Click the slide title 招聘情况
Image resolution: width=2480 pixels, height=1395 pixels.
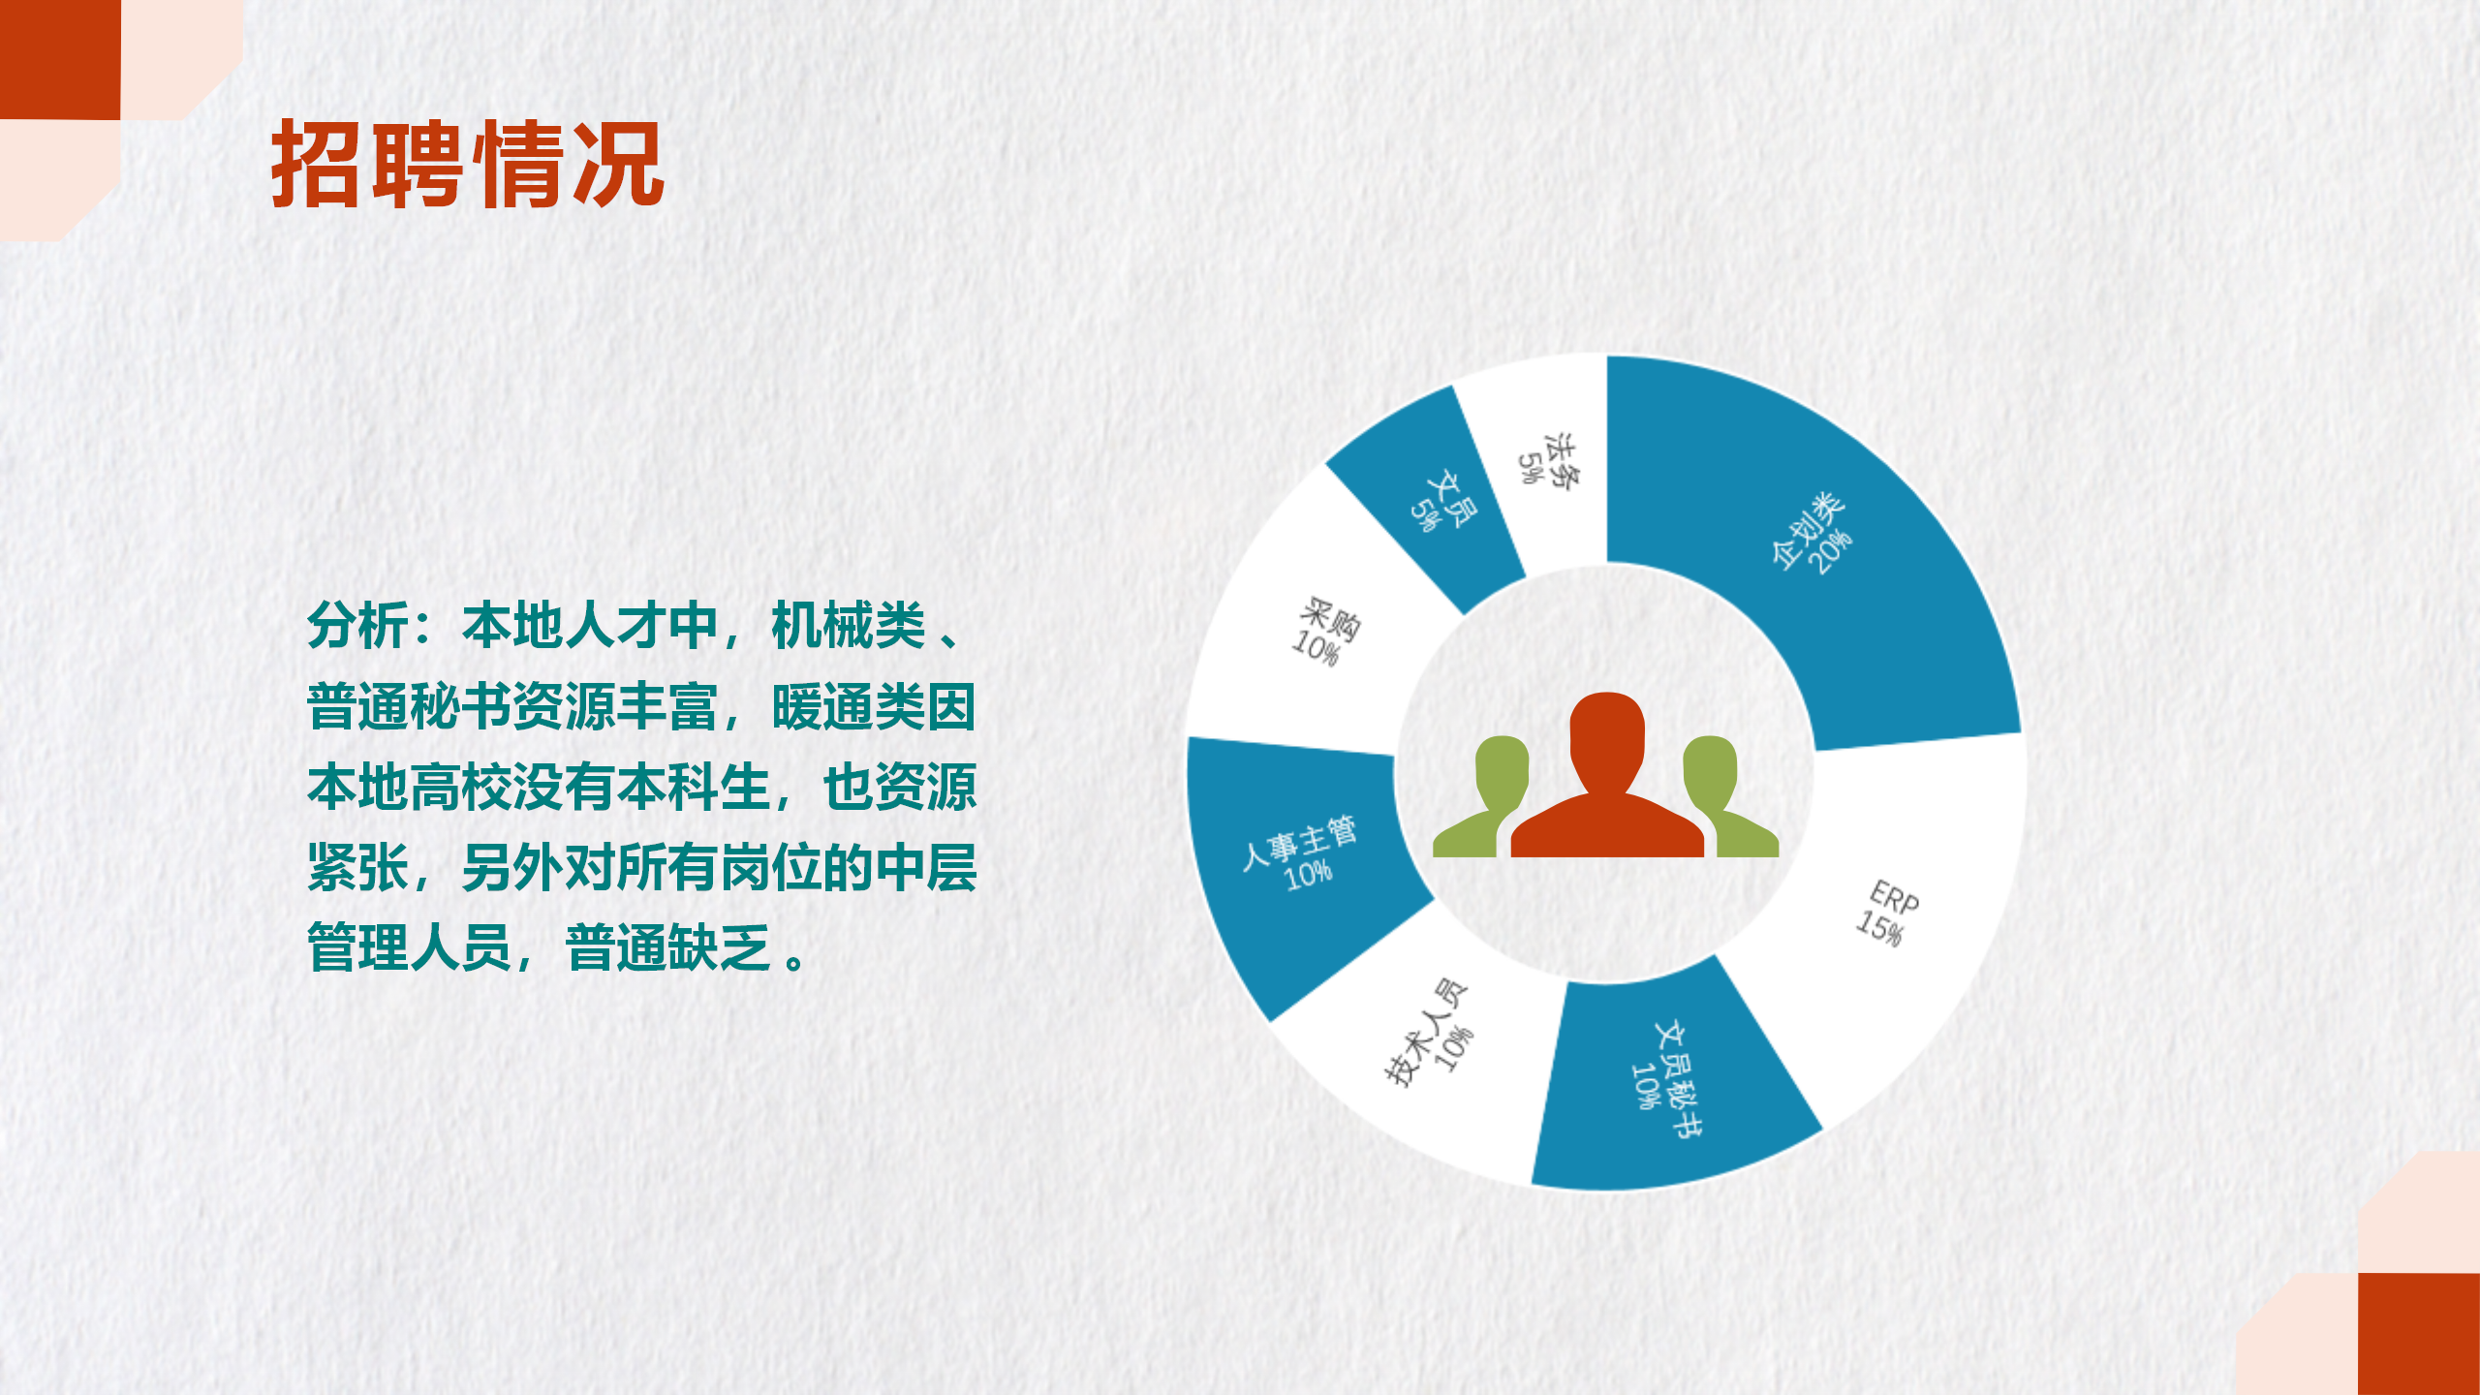468,166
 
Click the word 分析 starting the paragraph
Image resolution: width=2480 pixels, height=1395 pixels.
357,626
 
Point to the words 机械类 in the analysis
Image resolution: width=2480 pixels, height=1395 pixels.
849,626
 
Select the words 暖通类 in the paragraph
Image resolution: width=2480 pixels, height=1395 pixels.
849,707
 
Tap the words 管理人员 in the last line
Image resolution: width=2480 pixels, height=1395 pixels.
409,947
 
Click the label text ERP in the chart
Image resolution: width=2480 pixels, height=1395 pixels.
1894,898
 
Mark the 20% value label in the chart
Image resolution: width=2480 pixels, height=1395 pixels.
1831,552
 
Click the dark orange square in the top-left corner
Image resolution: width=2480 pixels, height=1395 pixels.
60,59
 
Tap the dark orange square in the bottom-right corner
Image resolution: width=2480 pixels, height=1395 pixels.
2419,1334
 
